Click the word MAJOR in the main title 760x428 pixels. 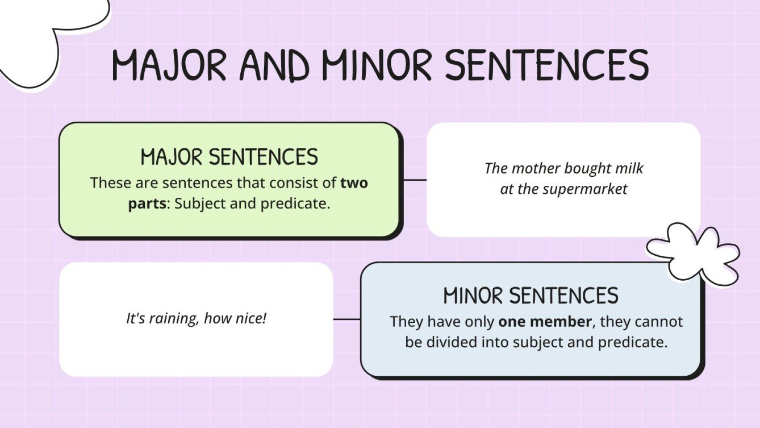click(169, 65)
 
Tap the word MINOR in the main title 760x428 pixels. click(376, 65)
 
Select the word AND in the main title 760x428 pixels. click(274, 65)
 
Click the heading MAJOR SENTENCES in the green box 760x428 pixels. click(229, 157)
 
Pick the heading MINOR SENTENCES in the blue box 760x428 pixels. click(531, 296)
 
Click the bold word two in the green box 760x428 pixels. click(354, 183)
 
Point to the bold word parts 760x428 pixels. click(147, 204)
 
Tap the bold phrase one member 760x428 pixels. click(545, 321)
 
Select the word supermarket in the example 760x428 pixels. click(585, 189)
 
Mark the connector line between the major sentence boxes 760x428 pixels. click(415, 180)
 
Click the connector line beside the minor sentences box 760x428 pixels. click(346, 319)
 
